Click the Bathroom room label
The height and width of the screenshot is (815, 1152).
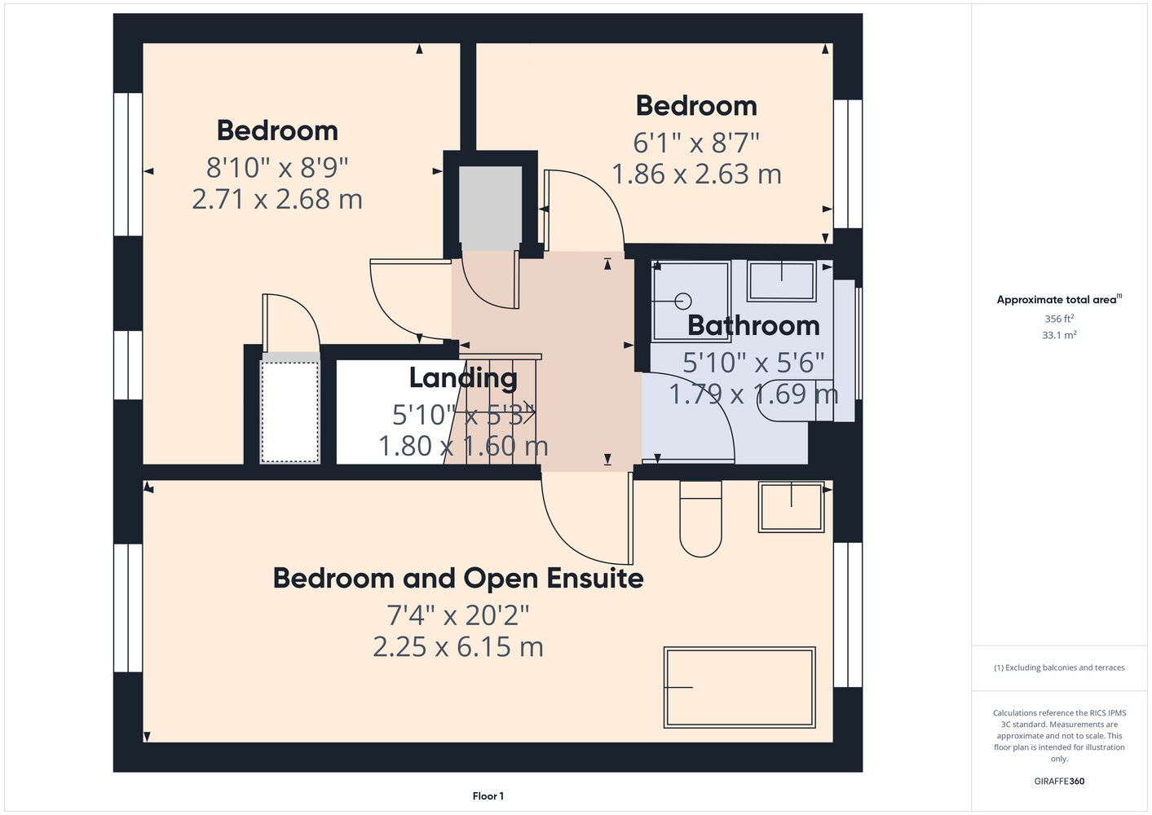[753, 325]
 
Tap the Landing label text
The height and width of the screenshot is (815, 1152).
[463, 378]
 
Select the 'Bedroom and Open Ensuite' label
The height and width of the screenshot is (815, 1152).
[457, 579]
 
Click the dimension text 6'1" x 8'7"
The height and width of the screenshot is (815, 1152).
[696, 143]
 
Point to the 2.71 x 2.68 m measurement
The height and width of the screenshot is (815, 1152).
[277, 200]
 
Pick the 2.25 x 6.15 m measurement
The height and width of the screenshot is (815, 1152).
[457, 647]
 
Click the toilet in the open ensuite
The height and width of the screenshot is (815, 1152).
[700, 519]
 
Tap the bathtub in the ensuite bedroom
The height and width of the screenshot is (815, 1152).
[739, 687]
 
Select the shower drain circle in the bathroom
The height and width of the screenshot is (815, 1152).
[683, 301]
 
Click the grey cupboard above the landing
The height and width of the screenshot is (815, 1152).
[490, 209]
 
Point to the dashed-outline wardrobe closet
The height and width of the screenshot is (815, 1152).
[290, 412]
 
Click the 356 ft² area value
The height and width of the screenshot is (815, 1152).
[1059, 319]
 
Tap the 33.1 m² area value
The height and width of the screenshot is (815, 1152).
[1059, 335]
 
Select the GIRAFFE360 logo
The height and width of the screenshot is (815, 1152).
[1059, 781]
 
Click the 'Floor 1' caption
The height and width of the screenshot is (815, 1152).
[488, 796]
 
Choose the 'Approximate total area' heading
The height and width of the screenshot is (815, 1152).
[1059, 300]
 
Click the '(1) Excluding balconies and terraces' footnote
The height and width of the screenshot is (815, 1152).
[1059, 667]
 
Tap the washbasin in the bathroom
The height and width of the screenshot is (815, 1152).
[781, 280]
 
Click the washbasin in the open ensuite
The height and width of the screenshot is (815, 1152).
[791, 506]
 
